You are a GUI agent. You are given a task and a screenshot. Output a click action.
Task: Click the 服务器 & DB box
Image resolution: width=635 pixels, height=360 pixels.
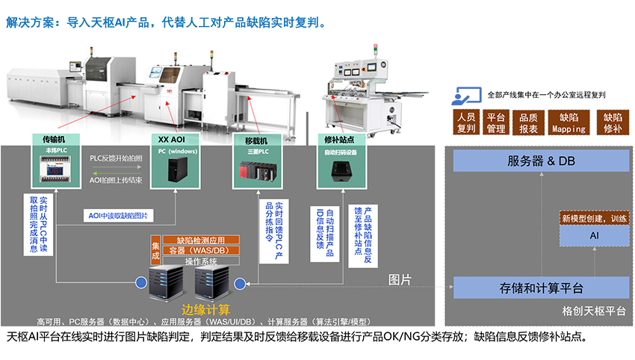pos(541,161)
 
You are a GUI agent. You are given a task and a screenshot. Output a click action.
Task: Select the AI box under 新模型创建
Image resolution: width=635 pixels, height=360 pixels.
pos(594,235)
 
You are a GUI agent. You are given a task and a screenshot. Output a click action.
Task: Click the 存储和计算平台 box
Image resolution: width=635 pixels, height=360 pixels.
pos(541,288)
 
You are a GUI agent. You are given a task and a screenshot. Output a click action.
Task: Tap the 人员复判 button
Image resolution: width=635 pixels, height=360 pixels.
pos(466,122)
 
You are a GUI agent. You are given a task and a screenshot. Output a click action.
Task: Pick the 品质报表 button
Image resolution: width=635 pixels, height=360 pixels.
pos(528,122)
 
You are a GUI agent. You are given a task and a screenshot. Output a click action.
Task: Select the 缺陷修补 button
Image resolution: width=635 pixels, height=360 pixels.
pos(613,122)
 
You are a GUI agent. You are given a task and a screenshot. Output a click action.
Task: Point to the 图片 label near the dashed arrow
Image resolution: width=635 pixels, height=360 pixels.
pos(400,279)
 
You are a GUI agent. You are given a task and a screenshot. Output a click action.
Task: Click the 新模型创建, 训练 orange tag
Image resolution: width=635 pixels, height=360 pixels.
pos(594,218)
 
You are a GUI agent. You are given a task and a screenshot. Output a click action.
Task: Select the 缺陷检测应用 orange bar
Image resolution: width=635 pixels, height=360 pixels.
pos(201,240)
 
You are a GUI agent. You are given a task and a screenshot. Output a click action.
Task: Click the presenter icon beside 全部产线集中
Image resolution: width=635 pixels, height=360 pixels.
pos(465,95)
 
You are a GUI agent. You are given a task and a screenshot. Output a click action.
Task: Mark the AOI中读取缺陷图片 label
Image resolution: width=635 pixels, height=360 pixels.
pos(118,216)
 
